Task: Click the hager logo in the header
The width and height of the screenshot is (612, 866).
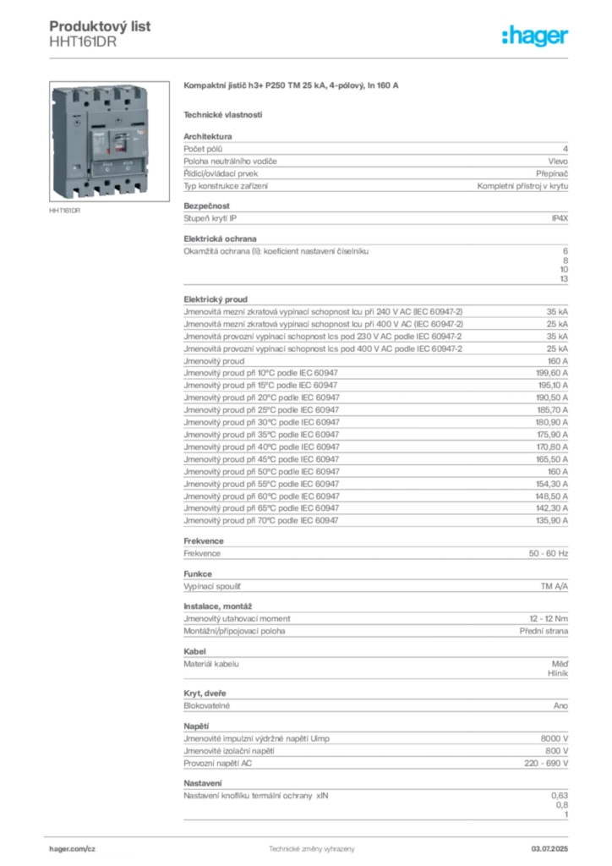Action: (x=534, y=36)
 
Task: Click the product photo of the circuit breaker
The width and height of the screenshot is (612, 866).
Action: (x=109, y=141)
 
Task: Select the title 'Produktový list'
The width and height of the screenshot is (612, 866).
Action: (x=100, y=26)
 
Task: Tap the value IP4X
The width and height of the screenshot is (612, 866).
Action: (x=560, y=219)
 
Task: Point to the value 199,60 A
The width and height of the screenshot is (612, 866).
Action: (x=552, y=373)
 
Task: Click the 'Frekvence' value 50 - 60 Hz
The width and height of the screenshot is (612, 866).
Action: (x=548, y=553)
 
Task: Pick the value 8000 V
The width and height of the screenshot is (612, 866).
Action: (x=554, y=738)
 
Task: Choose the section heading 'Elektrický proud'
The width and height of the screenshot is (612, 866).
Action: (x=216, y=299)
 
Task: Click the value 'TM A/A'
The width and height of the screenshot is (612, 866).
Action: (x=554, y=586)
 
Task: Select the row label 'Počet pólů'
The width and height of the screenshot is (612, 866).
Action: (x=203, y=149)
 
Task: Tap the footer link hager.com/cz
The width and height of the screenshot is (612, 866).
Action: (x=73, y=849)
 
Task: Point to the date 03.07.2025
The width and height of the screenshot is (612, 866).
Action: (x=549, y=849)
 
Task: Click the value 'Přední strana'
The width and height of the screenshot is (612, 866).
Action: (x=544, y=631)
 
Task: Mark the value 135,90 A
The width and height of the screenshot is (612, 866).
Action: (x=552, y=521)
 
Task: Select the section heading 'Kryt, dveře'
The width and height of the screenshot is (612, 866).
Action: (x=205, y=693)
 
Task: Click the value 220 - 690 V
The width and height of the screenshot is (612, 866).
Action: (x=546, y=764)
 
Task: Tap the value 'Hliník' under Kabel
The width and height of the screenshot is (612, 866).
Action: (x=558, y=673)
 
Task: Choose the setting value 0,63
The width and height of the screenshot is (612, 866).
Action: (x=560, y=796)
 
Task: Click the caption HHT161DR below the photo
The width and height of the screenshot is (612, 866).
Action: (x=64, y=211)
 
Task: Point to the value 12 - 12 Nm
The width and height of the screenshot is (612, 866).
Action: (x=549, y=619)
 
